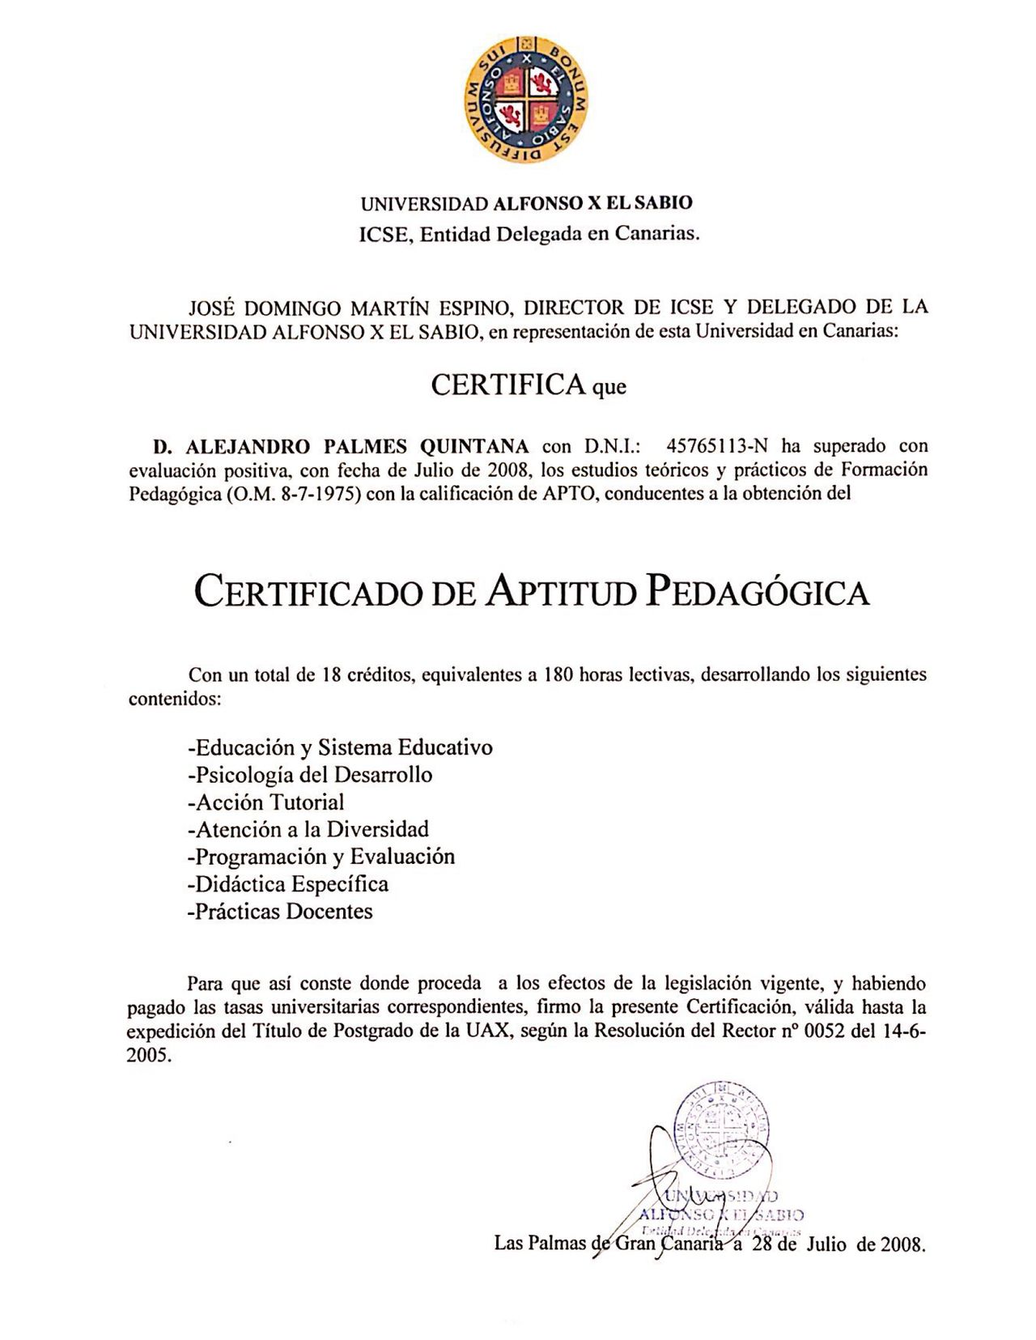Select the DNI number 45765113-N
[711, 446]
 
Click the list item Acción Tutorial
[265, 802]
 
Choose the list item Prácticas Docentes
[280, 911]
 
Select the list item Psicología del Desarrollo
[310, 775]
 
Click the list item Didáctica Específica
[288, 883]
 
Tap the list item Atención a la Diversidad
[308, 829]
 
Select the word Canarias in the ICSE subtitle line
[656, 235]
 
